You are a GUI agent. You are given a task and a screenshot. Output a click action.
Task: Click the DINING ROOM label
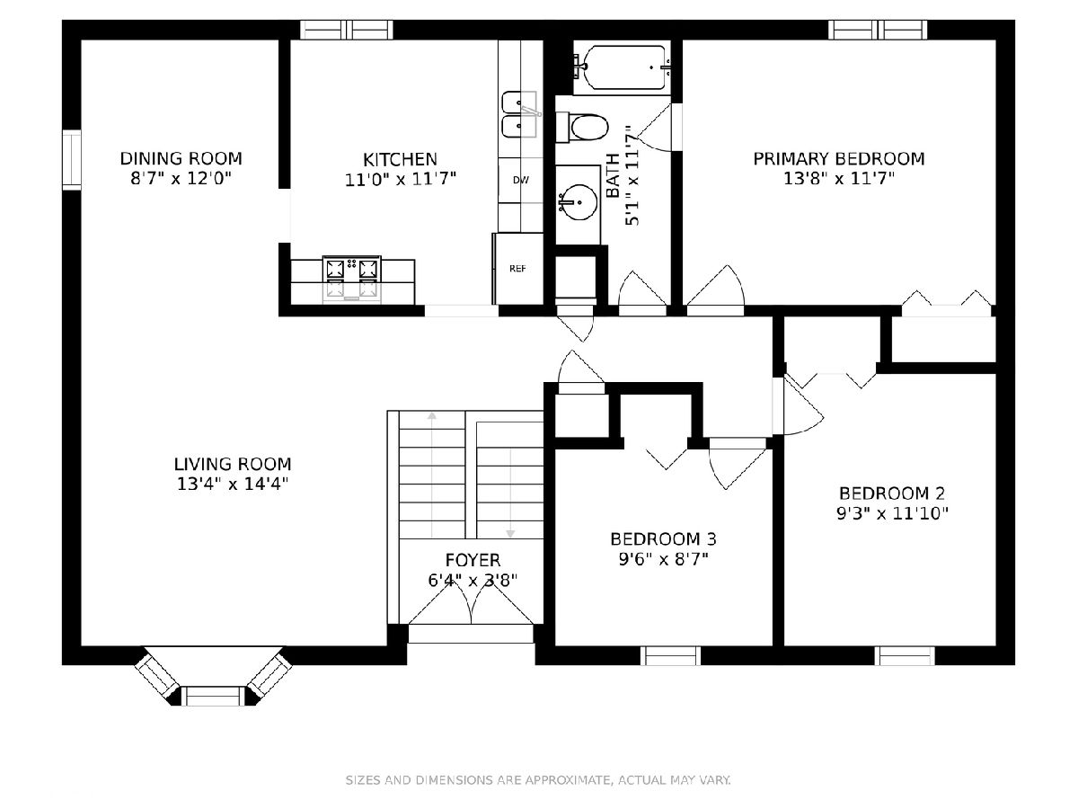point(181,159)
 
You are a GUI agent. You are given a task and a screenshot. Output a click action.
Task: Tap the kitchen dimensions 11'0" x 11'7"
point(401,180)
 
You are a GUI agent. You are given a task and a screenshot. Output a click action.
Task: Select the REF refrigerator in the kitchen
point(517,269)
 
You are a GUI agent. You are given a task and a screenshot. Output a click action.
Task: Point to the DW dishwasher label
point(521,181)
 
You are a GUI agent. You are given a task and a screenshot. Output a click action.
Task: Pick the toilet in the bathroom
point(582,128)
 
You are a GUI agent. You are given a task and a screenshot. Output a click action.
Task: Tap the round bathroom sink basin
point(579,202)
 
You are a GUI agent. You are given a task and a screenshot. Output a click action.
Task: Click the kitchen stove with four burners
point(351,280)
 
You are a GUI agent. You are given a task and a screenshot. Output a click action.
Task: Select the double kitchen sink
point(519,114)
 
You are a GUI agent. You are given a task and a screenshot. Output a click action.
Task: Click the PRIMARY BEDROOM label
point(839,159)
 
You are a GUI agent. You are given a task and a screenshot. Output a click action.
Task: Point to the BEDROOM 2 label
point(892,493)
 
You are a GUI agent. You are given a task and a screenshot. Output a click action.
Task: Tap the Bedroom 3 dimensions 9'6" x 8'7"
point(664,559)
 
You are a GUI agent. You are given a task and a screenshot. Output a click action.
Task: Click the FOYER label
point(473,559)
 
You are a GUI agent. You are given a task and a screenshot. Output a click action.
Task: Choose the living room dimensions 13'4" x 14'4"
point(233,485)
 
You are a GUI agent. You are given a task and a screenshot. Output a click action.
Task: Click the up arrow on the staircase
point(432,475)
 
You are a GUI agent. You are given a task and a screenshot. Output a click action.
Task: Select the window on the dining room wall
point(72,160)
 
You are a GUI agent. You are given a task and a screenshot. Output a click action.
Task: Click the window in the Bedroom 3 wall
point(670,656)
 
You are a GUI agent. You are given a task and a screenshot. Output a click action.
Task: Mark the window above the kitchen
point(347,30)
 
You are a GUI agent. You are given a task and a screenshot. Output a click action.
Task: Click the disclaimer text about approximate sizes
point(538,780)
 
